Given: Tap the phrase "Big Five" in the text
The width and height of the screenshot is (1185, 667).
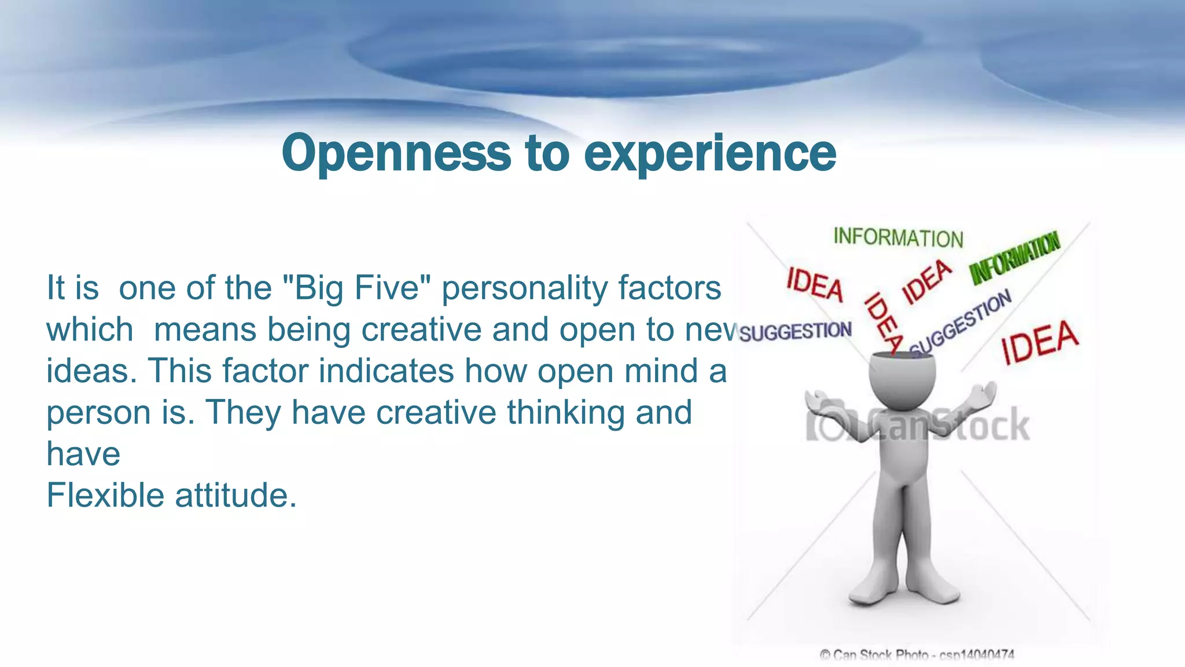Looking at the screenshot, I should [356, 288].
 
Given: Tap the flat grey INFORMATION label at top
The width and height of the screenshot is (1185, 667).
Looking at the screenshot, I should [898, 238].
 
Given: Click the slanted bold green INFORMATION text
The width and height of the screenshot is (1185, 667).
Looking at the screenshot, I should [1015, 258].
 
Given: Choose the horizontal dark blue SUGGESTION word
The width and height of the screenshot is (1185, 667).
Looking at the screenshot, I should [796, 332].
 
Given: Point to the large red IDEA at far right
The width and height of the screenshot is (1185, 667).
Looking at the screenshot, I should [1040, 342].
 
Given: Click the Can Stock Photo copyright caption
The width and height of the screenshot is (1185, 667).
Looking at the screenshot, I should [917, 655].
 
